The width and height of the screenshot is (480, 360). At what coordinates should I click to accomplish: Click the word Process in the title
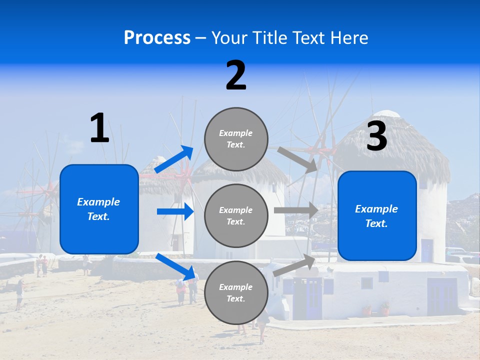coord(157,38)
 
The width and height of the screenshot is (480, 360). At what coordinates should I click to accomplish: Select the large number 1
coord(99,128)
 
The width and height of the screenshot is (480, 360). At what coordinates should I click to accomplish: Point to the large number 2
coord(236,75)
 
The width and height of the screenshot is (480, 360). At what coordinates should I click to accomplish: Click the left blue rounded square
coord(99,209)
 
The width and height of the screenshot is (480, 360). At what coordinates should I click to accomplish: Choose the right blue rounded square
coord(377,216)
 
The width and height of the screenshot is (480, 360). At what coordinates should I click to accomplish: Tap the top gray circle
coord(236,139)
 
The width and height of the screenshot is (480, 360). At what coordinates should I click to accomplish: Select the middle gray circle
coord(236,215)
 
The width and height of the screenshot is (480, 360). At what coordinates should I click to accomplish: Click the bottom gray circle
coord(236,292)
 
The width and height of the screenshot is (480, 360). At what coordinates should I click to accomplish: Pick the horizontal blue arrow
coord(175,211)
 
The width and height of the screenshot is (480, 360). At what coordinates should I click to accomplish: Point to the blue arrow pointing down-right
coord(175,266)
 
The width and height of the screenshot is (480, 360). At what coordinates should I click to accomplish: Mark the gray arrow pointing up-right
coord(294,264)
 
